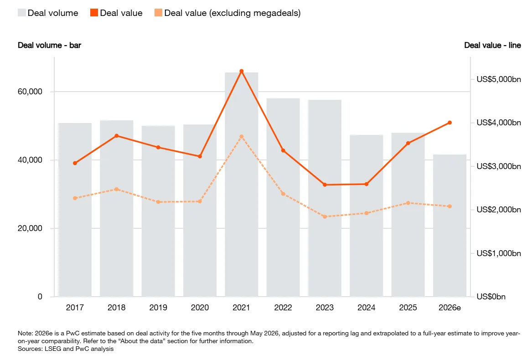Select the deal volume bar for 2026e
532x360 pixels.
point(449,226)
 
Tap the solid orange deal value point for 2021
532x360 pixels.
point(242,71)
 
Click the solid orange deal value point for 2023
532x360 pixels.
point(325,185)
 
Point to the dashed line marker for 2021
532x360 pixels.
point(242,137)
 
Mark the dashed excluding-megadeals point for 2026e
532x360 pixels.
point(449,206)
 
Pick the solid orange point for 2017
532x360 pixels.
point(75,163)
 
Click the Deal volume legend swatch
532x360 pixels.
point(22,13)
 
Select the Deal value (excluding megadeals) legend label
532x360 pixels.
point(232,13)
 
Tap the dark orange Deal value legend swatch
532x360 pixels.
point(94,13)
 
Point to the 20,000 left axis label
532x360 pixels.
point(30,228)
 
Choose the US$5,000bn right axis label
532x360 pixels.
point(499,79)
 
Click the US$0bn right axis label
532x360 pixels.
point(491,297)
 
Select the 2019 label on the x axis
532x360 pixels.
point(158,308)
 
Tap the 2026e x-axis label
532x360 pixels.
point(449,308)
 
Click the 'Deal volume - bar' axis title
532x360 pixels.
point(50,46)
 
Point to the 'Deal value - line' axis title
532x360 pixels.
point(493,46)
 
